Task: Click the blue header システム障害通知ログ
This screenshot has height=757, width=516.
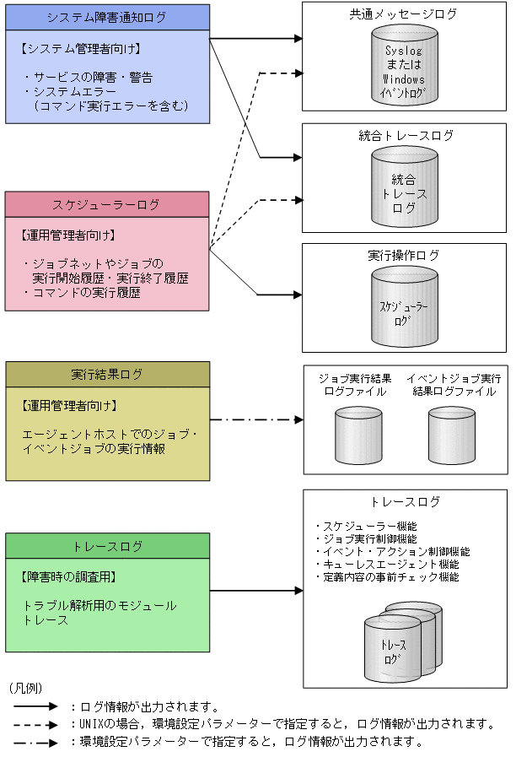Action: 107,17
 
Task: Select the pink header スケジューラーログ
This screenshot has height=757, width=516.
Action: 107,204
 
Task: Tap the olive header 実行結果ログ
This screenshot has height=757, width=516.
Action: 107,375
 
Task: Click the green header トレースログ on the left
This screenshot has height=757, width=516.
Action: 107,546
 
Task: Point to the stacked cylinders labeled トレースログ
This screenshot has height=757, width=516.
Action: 400,641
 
